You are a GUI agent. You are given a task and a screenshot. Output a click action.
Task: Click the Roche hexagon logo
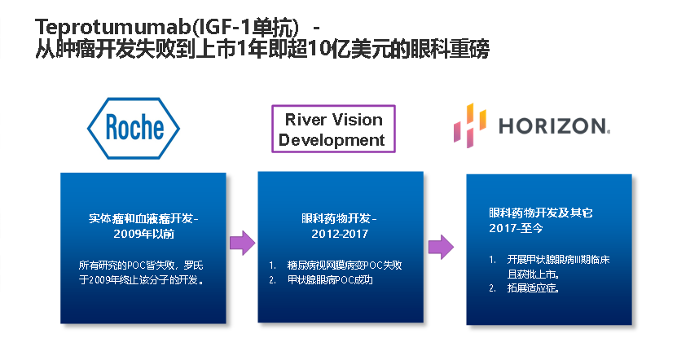[134, 128]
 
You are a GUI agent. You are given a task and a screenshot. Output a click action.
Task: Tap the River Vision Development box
[333, 129]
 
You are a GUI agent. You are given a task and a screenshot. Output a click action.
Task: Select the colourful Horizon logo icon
[470, 125]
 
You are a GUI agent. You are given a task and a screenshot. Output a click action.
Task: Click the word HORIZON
[554, 126]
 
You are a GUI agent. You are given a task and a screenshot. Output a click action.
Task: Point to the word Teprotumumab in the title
[112, 27]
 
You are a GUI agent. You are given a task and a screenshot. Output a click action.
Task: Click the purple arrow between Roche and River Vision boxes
[242, 243]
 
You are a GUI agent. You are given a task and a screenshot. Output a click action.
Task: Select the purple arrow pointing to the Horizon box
[441, 247]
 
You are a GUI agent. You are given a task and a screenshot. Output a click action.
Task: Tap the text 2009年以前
[143, 234]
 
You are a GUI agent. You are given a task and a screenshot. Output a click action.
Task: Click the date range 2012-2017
[340, 234]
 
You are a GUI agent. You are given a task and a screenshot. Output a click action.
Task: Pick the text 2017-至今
[516, 228]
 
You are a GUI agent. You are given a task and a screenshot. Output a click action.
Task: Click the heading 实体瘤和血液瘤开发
[140, 218]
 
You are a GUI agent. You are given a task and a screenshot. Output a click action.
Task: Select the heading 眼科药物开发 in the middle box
[336, 218]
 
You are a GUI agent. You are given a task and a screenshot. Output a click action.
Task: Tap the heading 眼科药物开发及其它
[541, 213]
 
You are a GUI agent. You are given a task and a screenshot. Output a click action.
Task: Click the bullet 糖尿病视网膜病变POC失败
[345, 265]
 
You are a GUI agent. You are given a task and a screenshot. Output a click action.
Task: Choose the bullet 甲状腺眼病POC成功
[330, 279]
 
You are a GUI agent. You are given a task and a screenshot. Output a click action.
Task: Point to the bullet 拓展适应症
[534, 288]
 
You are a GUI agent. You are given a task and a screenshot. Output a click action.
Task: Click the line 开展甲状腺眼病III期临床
[558, 260]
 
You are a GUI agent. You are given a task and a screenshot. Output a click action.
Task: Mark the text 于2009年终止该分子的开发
[141, 279]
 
